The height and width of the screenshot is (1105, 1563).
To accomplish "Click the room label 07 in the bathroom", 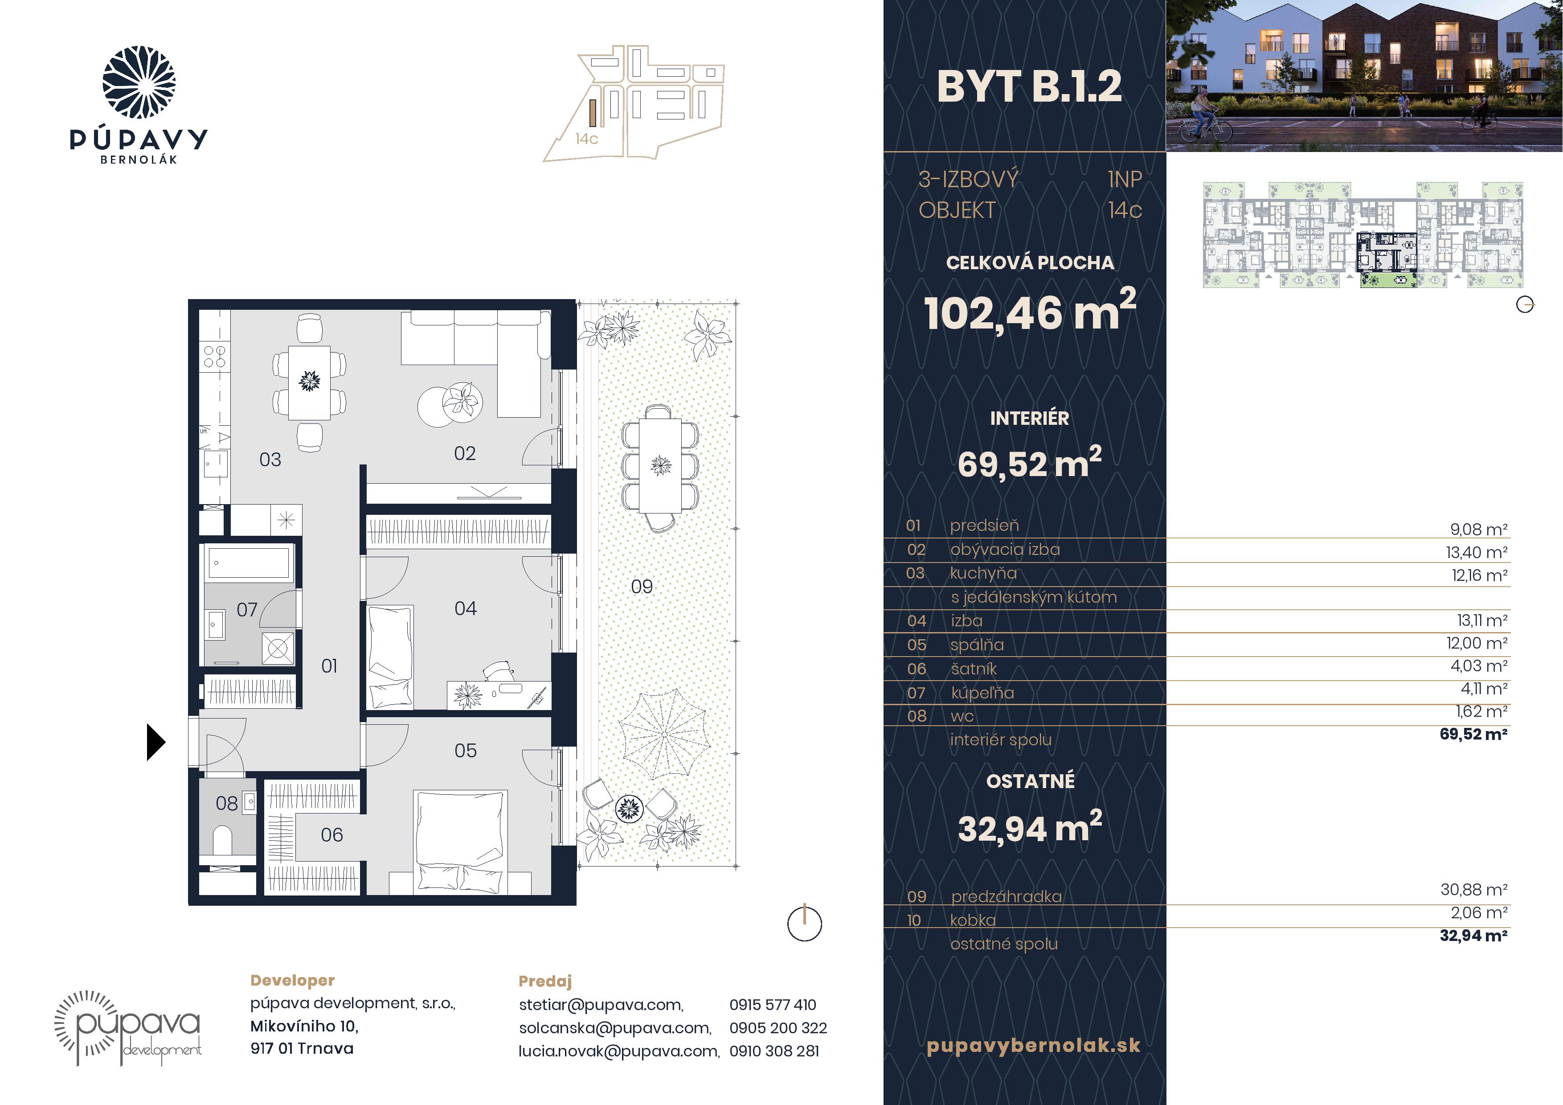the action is [246, 609].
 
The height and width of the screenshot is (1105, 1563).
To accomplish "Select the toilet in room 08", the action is [223, 840].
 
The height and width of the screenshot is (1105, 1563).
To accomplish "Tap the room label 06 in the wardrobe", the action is [331, 835].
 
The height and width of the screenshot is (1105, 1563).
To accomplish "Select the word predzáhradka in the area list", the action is [1006, 897].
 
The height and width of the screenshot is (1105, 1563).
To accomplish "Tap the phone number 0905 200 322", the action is [778, 1028].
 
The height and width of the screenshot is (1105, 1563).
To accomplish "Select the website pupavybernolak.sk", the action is [1033, 1046].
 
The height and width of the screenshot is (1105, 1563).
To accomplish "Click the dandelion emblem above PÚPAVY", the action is [139, 82].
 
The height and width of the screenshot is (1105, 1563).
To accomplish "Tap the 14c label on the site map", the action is [586, 139].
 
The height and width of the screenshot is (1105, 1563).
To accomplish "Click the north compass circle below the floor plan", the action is [805, 924].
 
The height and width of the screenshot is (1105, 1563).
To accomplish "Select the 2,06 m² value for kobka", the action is [1479, 913].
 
